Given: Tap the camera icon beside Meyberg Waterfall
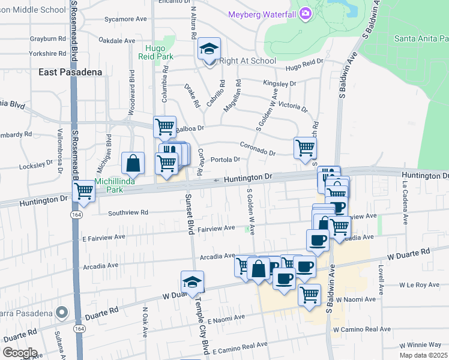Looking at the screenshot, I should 306,13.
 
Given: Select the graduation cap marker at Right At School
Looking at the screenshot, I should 209,49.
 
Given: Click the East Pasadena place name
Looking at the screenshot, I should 70,72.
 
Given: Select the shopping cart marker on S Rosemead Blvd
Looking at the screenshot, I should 83,192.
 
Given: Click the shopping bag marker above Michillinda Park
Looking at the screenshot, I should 133,163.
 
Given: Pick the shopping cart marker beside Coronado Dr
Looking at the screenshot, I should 305,147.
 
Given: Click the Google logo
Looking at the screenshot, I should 20,352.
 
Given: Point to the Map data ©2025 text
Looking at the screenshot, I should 423,355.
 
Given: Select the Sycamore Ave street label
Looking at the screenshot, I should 125,19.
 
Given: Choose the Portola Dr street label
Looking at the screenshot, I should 226,160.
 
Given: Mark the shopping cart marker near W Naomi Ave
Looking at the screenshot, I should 309,295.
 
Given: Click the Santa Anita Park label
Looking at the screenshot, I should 421,38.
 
